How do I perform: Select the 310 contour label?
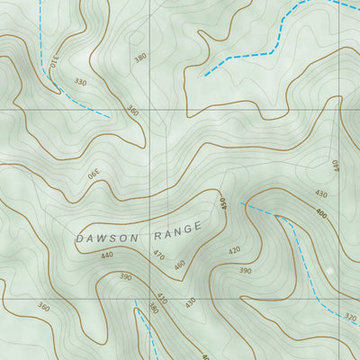54,63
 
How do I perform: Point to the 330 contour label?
81,82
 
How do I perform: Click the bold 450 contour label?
223,204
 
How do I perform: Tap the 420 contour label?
235,251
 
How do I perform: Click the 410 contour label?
162,297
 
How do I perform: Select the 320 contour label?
351,318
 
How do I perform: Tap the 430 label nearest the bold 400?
321,194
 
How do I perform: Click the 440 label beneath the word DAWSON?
107,256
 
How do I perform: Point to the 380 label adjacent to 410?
153,309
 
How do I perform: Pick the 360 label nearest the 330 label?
133,112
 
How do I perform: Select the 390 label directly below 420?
245,270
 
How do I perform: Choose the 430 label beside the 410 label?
190,302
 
